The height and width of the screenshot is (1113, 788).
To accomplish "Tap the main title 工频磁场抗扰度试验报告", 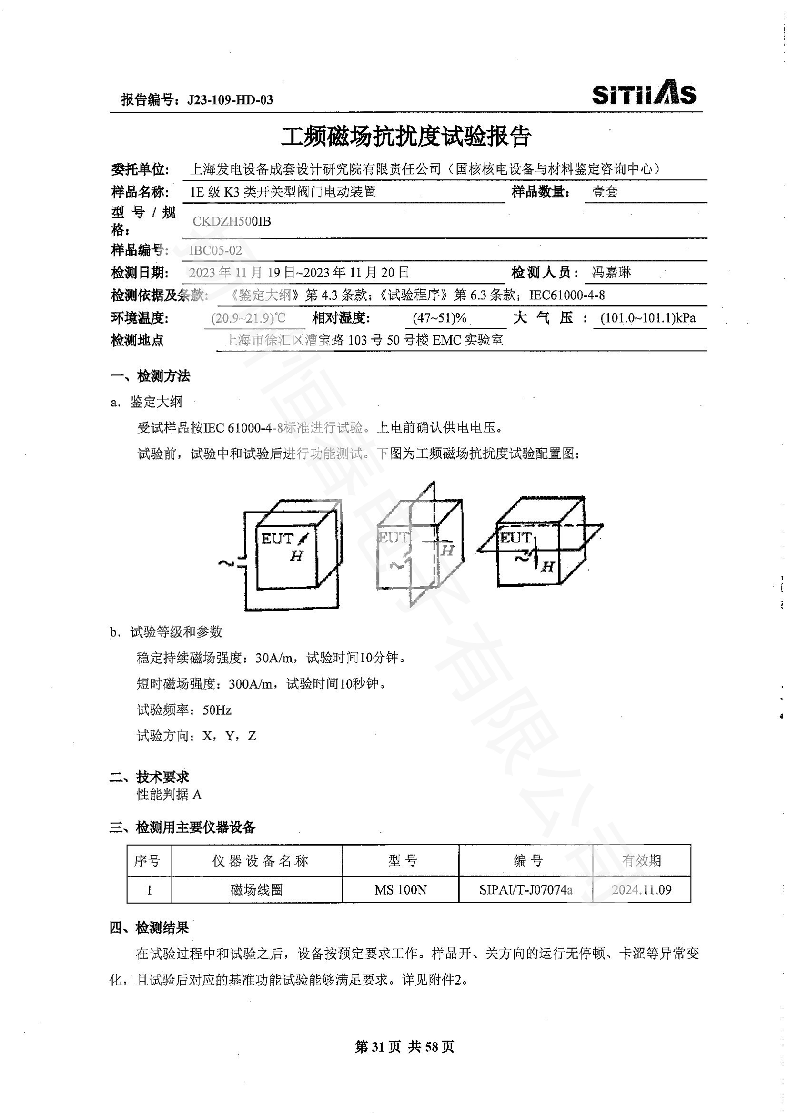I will click(x=406, y=137).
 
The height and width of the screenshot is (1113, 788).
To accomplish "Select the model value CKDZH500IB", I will click(x=232, y=222).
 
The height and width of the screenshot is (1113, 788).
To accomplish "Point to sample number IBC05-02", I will click(x=215, y=251).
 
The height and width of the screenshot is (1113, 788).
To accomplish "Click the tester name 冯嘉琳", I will click(x=611, y=273).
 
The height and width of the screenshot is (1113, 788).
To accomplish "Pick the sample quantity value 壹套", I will click(x=605, y=192).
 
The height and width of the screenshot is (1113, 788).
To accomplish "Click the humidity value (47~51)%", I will click(x=440, y=318).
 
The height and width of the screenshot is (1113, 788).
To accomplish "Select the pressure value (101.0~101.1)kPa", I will click(x=647, y=318).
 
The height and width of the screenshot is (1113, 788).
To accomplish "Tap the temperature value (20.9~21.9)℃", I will click(x=248, y=318).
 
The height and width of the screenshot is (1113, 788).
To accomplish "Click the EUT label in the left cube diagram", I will click(x=277, y=539).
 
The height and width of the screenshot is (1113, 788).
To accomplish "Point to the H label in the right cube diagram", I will click(x=548, y=566).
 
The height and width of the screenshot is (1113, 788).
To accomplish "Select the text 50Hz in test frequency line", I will click(x=217, y=710).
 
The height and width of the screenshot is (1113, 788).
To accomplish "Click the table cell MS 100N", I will click(x=400, y=889).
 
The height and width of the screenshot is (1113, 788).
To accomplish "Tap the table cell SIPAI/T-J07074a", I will click(x=525, y=889).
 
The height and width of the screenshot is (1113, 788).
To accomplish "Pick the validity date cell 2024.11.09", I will click(x=641, y=889).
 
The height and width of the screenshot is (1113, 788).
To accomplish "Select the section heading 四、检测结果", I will click(x=149, y=927).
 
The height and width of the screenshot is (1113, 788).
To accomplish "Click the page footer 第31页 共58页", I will click(x=404, y=1046).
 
